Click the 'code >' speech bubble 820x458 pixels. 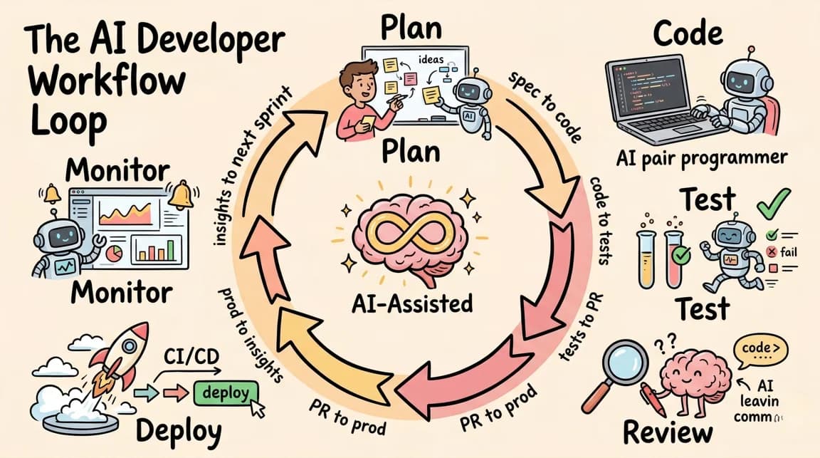pyautogui.click(x=759, y=348)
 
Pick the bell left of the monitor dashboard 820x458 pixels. pyautogui.click(x=50, y=193)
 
